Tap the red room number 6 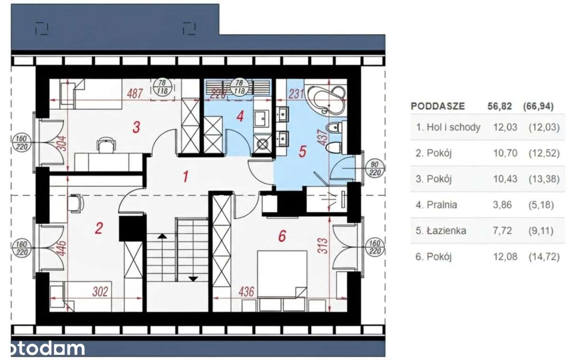pyautogui.click(x=282, y=236)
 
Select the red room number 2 pyautogui.click(x=99, y=229)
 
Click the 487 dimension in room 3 pyautogui.click(x=135, y=94)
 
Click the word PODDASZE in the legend pyautogui.click(x=437, y=106)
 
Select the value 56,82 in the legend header pyautogui.click(x=499, y=106)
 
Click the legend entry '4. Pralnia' pyautogui.click(x=437, y=205)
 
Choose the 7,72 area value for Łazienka pyautogui.click(x=496, y=231)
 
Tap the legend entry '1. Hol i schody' pyautogui.click(x=448, y=127)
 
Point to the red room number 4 pyautogui.click(x=240, y=115)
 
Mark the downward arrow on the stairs pyautogui.click(x=192, y=279)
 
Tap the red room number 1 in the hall pyautogui.click(x=186, y=177)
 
